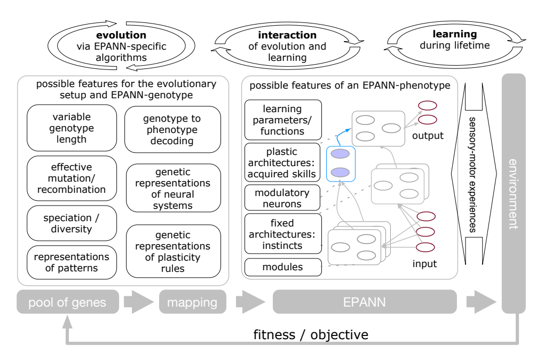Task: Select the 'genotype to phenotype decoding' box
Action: (172, 129)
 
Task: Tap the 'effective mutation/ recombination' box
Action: (72, 178)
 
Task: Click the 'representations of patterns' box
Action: (72, 262)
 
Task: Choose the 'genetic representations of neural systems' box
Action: (172, 189)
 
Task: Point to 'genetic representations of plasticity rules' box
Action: (172, 251)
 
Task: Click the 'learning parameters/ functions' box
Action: (283, 120)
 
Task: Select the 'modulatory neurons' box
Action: (283, 198)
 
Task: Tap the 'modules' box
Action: (283, 267)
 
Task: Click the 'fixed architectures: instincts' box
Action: (283, 233)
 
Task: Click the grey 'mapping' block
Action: (192, 302)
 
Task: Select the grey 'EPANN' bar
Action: (365, 302)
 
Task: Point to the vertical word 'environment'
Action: (514, 194)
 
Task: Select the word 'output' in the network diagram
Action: (428, 136)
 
